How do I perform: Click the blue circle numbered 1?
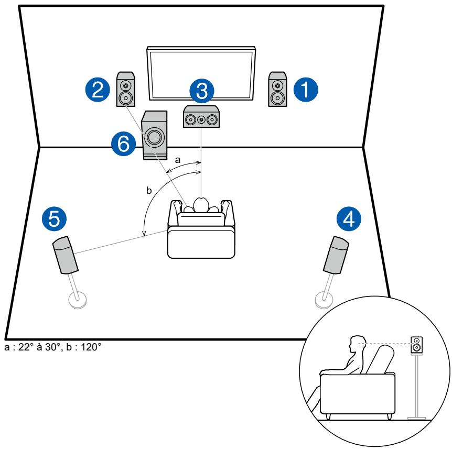pos(306,90)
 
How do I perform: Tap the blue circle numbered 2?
pos(98,90)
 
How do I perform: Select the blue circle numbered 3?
pos(202,91)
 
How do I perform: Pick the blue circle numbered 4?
pos(349,219)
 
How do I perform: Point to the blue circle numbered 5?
pos(54,219)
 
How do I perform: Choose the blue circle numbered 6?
pos(124,144)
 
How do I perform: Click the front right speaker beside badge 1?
pos(277,89)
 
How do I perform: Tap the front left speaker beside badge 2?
pos(126,89)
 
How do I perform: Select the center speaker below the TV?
pos(201,117)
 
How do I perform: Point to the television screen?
pos(201,73)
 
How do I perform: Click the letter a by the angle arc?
pos(178,160)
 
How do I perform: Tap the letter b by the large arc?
pos(149,190)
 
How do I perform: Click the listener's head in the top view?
pos(201,205)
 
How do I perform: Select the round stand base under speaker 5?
pos(77,300)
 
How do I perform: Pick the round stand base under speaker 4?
pos(324,300)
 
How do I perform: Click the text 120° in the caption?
pos(91,347)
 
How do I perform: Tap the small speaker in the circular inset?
pos(416,345)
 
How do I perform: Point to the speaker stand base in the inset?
pos(416,418)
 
